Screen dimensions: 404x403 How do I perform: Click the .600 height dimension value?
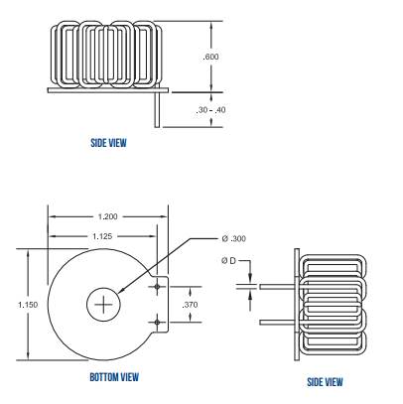tap(210, 57)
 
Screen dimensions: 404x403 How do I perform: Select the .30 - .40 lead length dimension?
tap(210, 109)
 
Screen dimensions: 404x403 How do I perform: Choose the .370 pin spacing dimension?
tap(192, 305)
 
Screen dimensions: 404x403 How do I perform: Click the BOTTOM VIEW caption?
tap(113, 377)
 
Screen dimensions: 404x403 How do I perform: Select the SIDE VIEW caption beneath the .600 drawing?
tap(108, 143)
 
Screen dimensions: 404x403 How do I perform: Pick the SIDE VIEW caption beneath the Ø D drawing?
tap(325, 382)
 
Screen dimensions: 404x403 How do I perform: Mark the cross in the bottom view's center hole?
tap(102, 305)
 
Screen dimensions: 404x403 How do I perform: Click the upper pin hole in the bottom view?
tap(157, 286)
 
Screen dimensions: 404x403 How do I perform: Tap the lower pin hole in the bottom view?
tap(157, 323)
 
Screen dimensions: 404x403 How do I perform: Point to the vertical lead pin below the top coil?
tap(156, 109)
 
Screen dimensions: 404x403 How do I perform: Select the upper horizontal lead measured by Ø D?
tap(276, 287)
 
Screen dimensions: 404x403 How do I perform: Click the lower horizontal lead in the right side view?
tap(276, 323)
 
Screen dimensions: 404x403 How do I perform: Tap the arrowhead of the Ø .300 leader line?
tap(120, 292)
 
